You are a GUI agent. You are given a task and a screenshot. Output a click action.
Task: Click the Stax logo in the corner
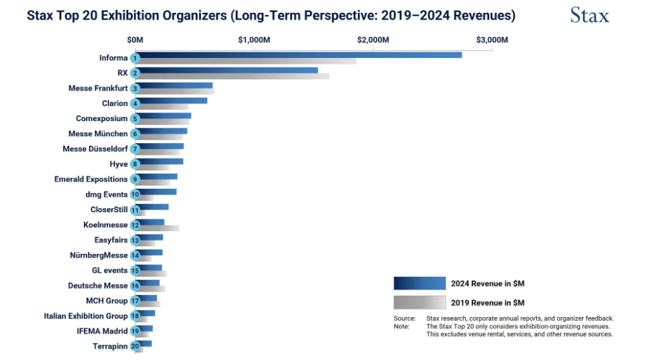point(590,15)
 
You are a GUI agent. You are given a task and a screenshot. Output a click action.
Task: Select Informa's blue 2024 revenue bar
point(299,55)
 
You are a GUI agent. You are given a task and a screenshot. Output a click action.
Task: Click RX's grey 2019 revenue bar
point(234,76)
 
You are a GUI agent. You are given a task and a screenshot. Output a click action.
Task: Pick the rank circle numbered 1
point(135,59)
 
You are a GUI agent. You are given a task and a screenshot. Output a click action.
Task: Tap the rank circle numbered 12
point(135,225)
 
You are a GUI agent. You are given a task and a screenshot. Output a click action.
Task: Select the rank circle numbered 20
point(135,346)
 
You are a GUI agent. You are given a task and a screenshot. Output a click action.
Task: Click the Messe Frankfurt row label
point(98,88)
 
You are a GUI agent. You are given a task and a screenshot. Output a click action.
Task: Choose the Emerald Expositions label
point(91,179)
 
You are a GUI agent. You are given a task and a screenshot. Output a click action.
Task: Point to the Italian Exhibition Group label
point(86,316)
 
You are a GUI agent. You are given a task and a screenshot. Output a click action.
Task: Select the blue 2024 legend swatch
point(420,283)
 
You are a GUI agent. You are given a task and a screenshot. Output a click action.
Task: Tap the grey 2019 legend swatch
point(420,302)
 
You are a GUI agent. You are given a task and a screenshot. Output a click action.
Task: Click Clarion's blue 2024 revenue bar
point(172,100)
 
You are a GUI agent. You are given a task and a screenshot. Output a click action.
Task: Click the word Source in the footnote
point(405,318)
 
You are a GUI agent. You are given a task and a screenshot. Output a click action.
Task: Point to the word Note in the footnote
point(401,326)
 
